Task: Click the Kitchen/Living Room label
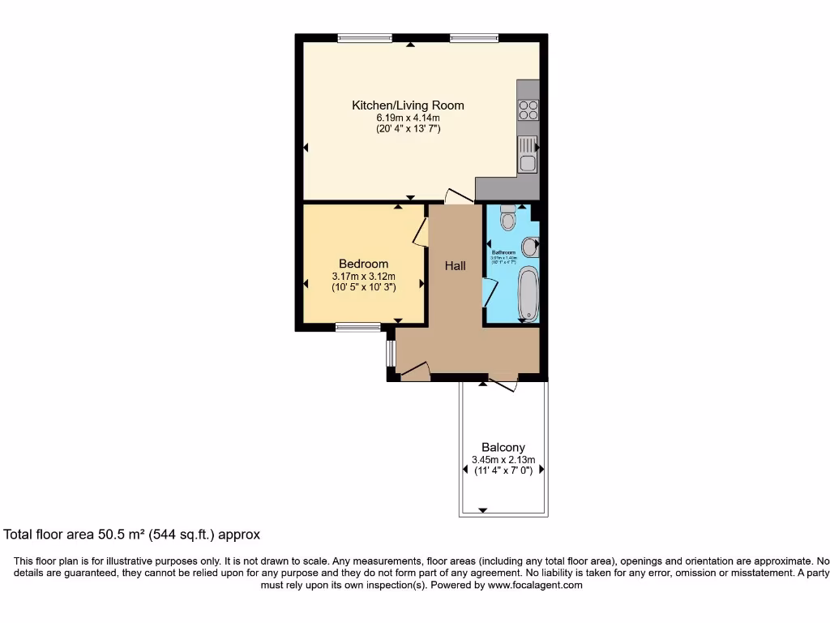408,105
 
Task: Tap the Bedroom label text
363,264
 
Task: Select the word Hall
455,265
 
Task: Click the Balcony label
503,447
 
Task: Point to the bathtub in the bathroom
528,293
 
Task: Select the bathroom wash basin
529,245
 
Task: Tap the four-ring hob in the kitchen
528,110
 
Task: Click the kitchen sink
528,154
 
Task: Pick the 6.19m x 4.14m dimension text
408,118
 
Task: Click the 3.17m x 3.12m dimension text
363,276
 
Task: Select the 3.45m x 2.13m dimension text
503,459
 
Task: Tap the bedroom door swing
420,230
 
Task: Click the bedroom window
358,327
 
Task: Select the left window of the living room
365,37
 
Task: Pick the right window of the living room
474,37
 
